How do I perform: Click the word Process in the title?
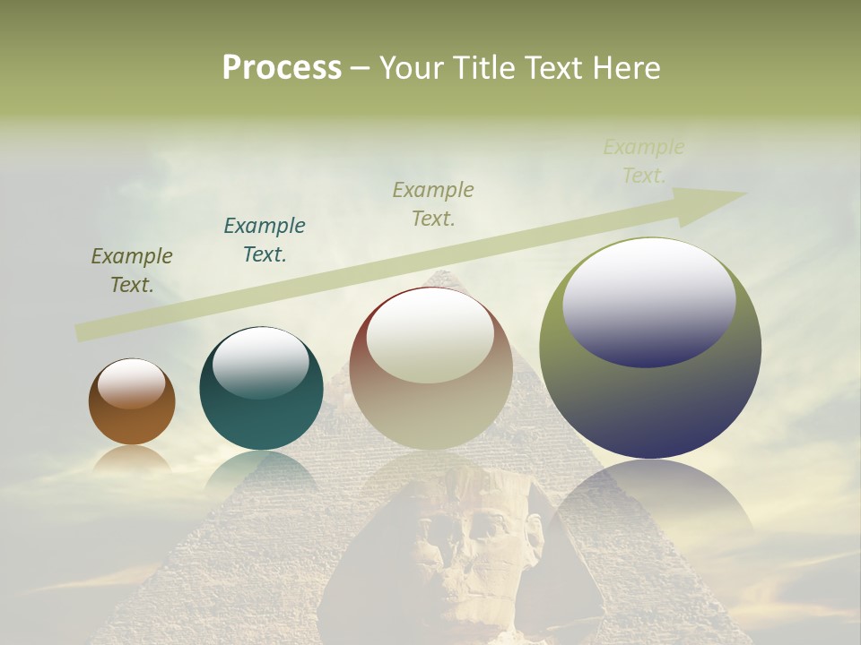point(282,68)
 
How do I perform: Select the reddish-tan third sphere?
point(430,412)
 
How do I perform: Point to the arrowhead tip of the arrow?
point(743,193)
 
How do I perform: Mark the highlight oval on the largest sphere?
point(648,302)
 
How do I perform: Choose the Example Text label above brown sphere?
point(131,270)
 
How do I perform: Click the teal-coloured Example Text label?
point(265,239)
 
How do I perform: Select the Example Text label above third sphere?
point(433,203)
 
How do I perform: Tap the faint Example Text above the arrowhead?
point(643,161)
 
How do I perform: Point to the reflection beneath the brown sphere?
point(132,459)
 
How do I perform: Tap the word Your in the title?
point(410,68)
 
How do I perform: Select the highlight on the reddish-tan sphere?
point(430,336)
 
